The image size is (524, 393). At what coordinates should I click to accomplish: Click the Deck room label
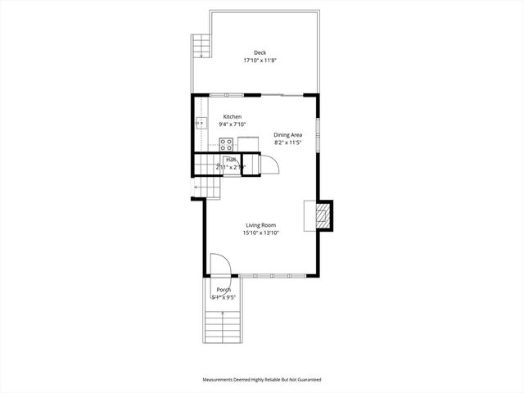point(260,52)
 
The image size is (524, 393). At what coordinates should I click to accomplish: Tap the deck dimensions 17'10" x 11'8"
point(260,61)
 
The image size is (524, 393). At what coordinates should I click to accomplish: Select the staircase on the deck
point(201,46)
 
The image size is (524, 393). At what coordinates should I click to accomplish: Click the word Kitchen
point(233,117)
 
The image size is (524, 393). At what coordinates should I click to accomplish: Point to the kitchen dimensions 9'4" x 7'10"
point(233,125)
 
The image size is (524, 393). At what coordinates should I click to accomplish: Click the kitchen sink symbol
point(200,124)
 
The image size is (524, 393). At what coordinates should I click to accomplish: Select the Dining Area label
point(288,134)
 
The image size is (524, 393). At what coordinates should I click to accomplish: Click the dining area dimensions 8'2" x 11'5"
point(288,142)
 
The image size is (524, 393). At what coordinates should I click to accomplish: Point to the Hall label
point(231,160)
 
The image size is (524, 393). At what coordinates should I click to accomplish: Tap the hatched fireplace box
point(324,215)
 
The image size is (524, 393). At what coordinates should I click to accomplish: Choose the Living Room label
point(261,225)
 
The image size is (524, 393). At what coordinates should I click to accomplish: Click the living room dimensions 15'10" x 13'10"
point(261,233)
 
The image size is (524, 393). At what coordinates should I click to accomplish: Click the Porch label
point(223,291)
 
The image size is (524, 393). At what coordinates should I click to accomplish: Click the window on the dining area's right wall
point(318,131)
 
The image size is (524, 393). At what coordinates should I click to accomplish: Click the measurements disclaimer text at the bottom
point(262,380)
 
